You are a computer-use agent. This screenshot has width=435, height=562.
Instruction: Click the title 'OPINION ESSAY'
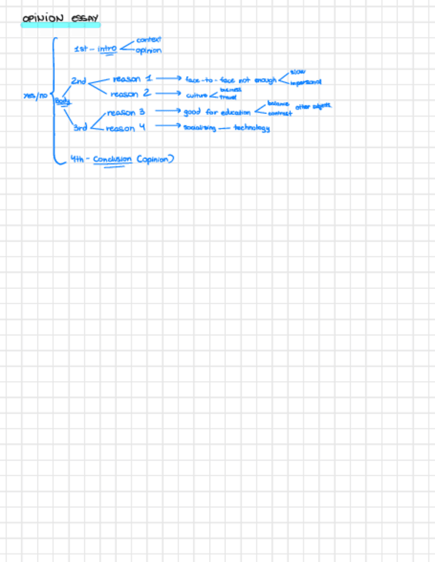(60, 18)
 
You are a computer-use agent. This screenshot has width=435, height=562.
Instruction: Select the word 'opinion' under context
(149, 50)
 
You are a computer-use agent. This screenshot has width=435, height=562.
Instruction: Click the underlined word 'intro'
(107, 48)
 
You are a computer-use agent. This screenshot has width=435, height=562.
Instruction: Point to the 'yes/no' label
(34, 96)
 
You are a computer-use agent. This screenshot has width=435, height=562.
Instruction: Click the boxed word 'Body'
(62, 101)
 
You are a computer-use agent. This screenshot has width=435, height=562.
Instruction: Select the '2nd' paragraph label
(78, 81)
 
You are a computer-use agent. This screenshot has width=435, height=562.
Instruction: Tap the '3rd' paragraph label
(80, 127)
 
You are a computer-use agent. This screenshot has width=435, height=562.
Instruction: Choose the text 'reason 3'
(126, 112)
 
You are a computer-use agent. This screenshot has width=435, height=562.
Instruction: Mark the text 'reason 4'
(125, 127)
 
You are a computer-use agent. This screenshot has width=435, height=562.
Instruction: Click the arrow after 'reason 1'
(168, 78)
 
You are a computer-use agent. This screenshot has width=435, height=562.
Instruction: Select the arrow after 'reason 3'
(168, 111)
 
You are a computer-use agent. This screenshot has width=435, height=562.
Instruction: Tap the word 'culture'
(197, 95)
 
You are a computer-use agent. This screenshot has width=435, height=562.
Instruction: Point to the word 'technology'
(251, 128)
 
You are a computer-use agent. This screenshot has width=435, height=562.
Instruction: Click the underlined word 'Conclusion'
(113, 159)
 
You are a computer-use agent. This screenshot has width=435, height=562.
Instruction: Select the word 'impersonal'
(306, 82)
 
